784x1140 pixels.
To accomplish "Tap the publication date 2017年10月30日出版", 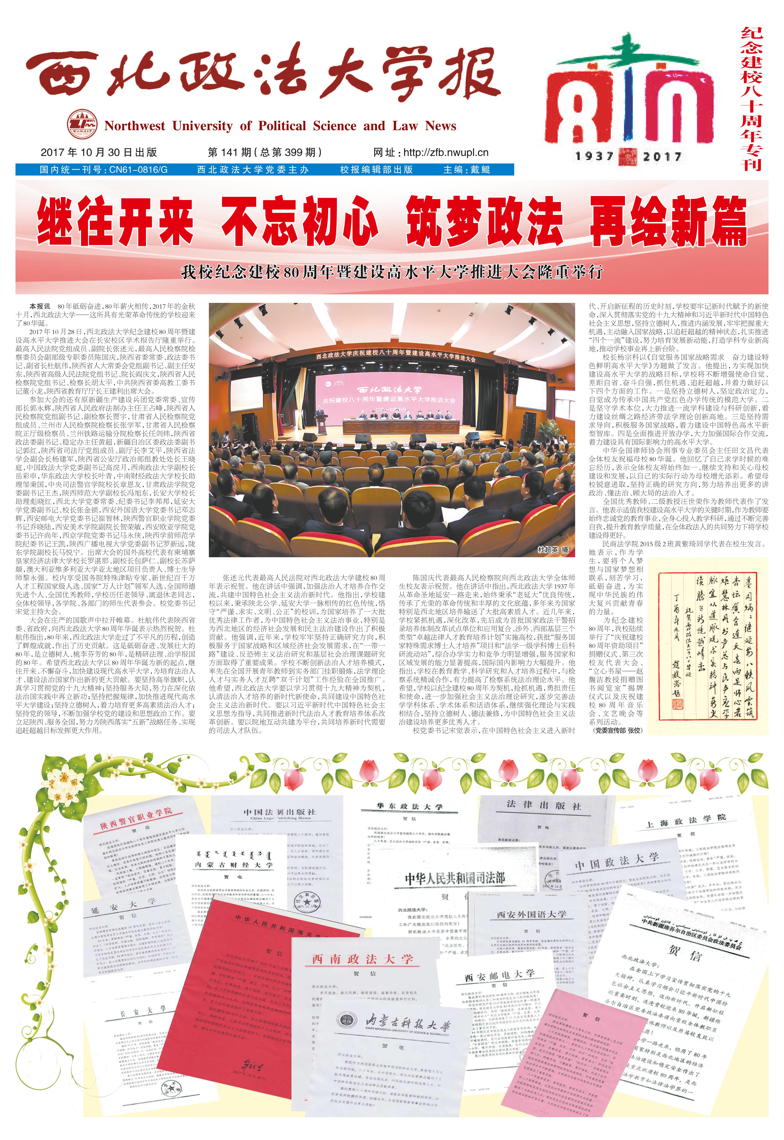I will pyautogui.click(x=99, y=152).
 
